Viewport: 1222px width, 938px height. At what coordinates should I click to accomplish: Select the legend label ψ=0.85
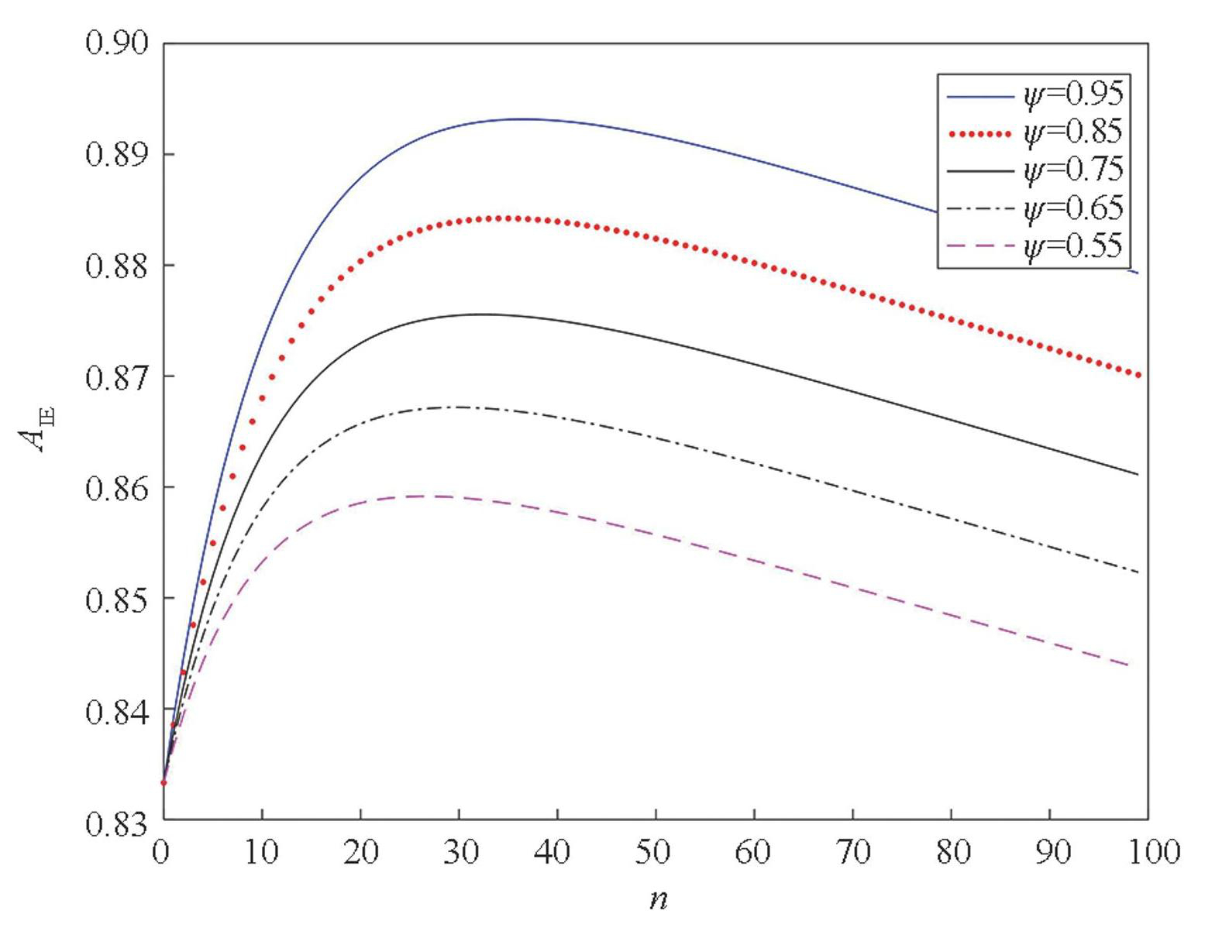tap(1072, 132)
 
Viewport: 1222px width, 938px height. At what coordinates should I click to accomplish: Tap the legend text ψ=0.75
tap(1072, 170)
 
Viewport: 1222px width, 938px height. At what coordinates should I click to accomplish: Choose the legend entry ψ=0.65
tap(1072, 208)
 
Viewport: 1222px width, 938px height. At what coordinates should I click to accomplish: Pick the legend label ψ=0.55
tap(1072, 246)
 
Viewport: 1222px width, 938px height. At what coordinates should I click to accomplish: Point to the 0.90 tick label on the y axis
tap(116, 43)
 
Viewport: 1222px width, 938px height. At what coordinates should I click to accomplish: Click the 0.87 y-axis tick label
tap(116, 377)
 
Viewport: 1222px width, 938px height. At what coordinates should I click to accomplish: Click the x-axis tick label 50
tap(652, 853)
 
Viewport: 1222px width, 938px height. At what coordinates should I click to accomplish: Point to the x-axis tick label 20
tap(360, 853)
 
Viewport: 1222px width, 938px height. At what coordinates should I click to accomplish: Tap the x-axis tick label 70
tap(852, 853)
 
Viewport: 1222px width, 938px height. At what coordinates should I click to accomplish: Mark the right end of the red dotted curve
tap(1138, 376)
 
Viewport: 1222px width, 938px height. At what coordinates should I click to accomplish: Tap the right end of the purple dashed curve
tap(1127, 665)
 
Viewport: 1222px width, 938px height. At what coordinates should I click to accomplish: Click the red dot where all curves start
tap(164, 782)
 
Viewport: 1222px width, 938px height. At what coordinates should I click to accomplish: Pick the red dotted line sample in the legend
tap(979, 134)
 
